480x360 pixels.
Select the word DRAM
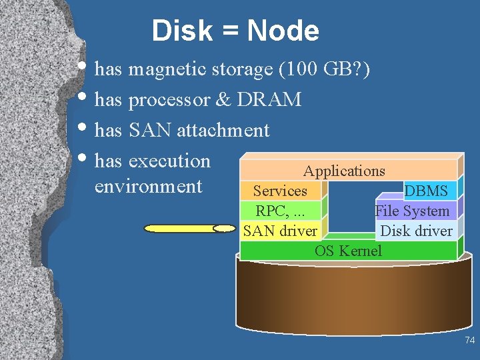(269, 99)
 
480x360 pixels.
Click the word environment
(148, 186)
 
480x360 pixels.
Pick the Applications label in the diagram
(344, 171)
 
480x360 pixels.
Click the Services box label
(280, 191)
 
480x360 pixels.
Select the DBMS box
(426, 191)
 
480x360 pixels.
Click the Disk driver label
(416, 231)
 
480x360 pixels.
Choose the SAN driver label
(280, 231)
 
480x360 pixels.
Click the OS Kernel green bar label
(348, 251)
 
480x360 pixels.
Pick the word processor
(168, 99)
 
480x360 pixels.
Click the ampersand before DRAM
(223, 99)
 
